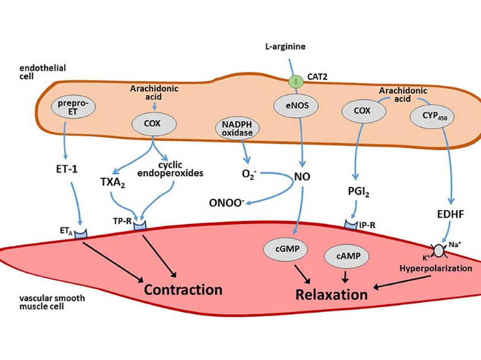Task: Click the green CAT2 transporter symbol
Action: pyautogui.click(x=294, y=81)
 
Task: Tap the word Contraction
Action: pyautogui.click(x=183, y=290)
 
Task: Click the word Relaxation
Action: pyautogui.click(x=332, y=294)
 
